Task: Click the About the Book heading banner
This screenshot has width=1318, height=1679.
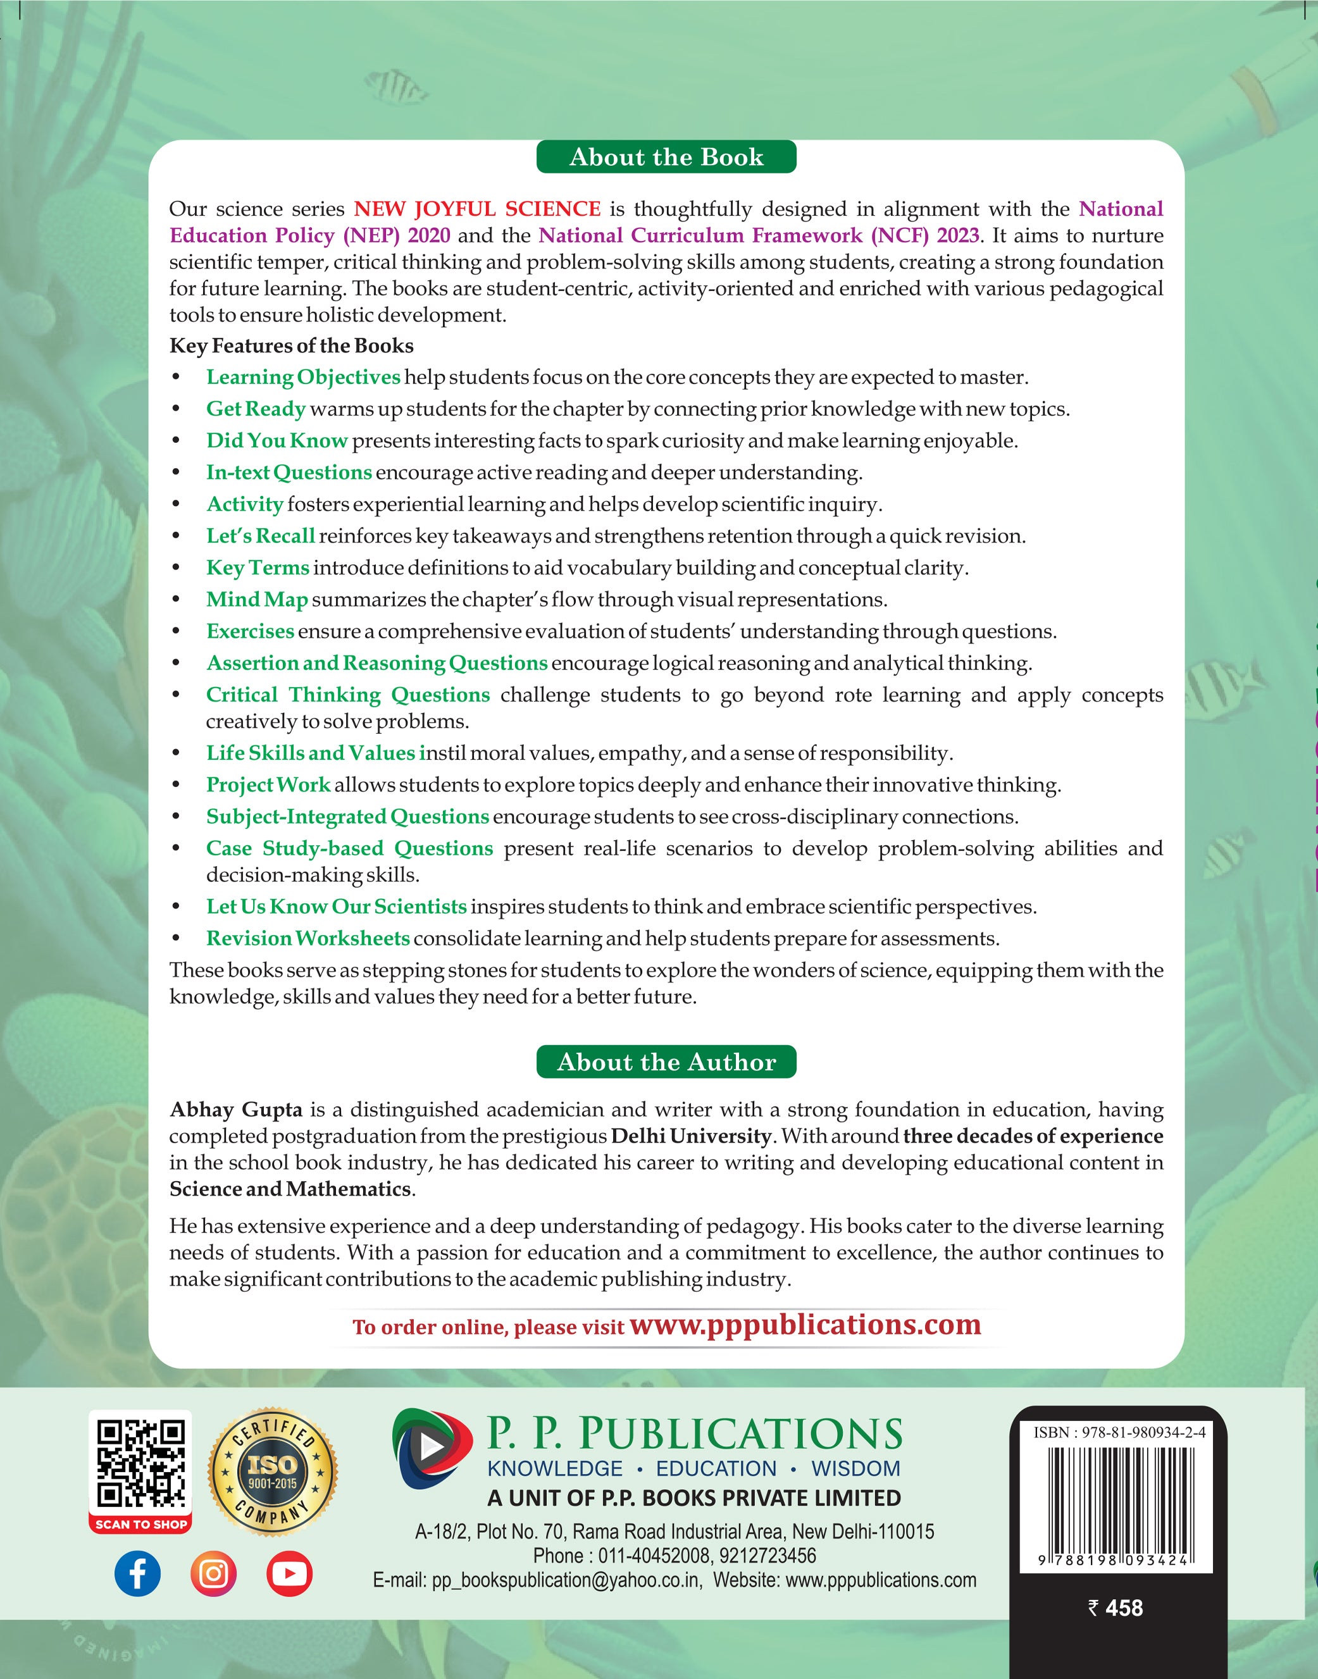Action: pyautogui.click(x=666, y=157)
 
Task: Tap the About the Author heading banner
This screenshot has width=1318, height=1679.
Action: pyautogui.click(x=666, y=1062)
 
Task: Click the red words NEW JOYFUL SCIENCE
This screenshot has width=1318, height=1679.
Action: pyautogui.click(x=477, y=209)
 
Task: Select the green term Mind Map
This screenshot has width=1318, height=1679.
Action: pyautogui.click(x=257, y=600)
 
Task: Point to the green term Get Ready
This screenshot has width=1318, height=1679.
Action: pyautogui.click(x=256, y=409)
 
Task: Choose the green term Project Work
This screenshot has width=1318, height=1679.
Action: pyautogui.click(x=268, y=784)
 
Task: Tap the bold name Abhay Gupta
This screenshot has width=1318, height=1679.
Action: pyautogui.click(x=236, y=1110)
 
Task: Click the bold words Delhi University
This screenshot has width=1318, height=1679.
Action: pyautogui.click(x=691, y=1136)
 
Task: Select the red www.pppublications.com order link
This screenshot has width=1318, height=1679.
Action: pyautogui.click(x=805, y=1325)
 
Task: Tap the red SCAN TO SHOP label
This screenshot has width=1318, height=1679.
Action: pyautogui.click(x=140, y=1524)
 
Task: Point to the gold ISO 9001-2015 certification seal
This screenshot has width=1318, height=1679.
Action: pyautogui.click(x=273, y=1471)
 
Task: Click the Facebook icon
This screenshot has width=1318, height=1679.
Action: pyautogui.click(x=137, y=1573)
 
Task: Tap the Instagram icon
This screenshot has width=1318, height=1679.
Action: pyautogui.click(x=213, y=1573)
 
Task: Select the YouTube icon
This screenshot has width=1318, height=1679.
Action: pyautogui.click(x=289, y=1573)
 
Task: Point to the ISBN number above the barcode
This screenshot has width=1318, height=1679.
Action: pyautogui.click(x=1119, y=1433)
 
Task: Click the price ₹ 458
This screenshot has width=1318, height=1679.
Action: pyautogui.click(x=1115, y=1608)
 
